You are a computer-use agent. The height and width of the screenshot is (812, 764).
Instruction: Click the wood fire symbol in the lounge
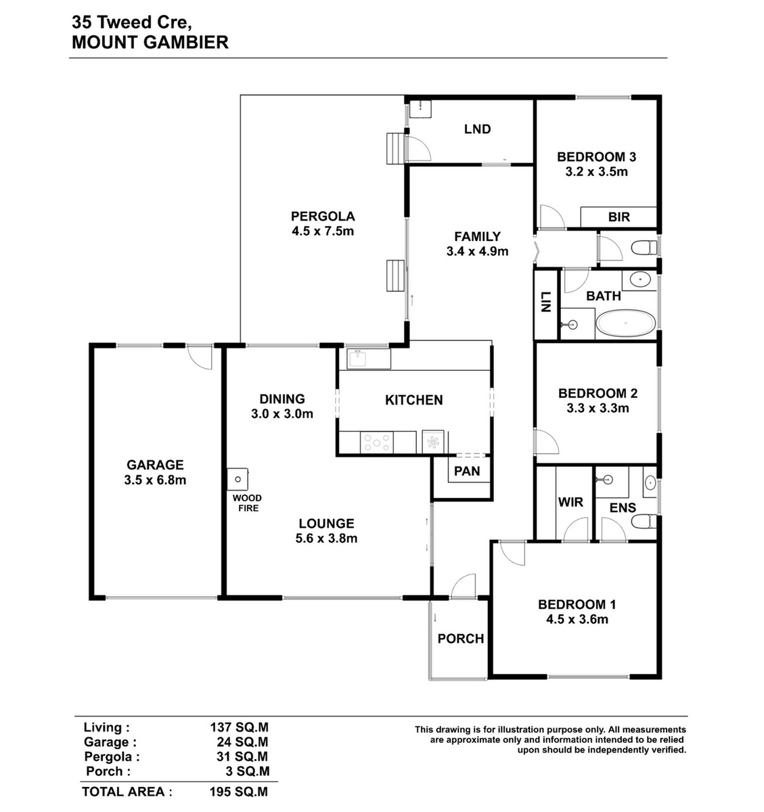coord(238,479)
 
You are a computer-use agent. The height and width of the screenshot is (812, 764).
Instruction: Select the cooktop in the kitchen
coord(377,442)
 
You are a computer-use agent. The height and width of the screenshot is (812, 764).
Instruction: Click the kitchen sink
coord(358,359)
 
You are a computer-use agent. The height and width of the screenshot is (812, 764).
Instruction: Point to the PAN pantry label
coord(467,471)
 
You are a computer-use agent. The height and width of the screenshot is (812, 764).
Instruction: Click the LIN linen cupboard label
coord(546,302)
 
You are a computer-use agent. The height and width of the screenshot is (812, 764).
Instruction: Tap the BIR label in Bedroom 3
coord(619,217)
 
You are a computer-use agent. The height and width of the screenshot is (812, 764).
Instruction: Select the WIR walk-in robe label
coord(570,502)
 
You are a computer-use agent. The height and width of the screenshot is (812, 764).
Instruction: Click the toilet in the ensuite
coord(644,522)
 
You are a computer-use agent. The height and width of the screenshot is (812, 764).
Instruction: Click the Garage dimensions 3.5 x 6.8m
coord(155,480)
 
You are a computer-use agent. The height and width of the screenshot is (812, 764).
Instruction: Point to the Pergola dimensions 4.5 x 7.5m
coord(323,231)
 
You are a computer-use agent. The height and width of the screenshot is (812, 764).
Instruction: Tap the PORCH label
coord(461,639)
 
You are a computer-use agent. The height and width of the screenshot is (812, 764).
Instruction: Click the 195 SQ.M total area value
coord(239,792)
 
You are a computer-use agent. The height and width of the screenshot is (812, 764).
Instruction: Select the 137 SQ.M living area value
coord(240,727)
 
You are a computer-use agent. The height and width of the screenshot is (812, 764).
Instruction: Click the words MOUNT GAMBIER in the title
coord(150,43)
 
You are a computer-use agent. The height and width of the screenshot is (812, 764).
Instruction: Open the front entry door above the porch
coord(464,586)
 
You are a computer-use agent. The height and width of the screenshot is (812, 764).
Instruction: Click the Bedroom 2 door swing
coord(546,441)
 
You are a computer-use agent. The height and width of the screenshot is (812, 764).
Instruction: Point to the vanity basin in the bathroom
coord(639,279)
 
